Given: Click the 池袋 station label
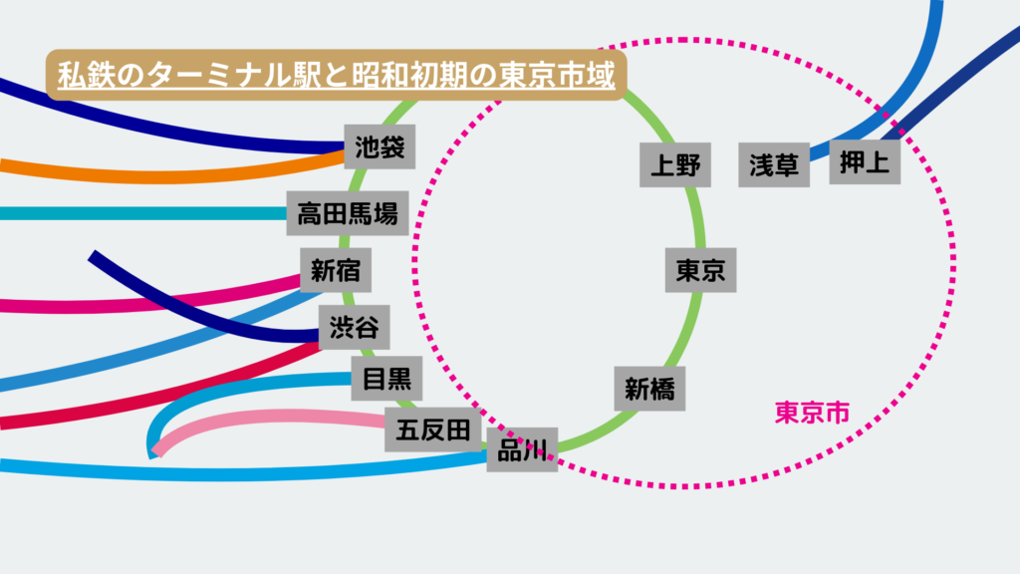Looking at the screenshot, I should pos(380,148).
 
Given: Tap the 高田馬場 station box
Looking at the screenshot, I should pos(348,212).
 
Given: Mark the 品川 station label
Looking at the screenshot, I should pos(522,449).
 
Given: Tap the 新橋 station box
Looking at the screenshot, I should pos(649,389).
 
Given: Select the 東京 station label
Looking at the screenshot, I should pos(700,270).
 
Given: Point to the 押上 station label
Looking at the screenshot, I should pos(865,161).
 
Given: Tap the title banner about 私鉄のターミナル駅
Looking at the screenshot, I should pos(335,76).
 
